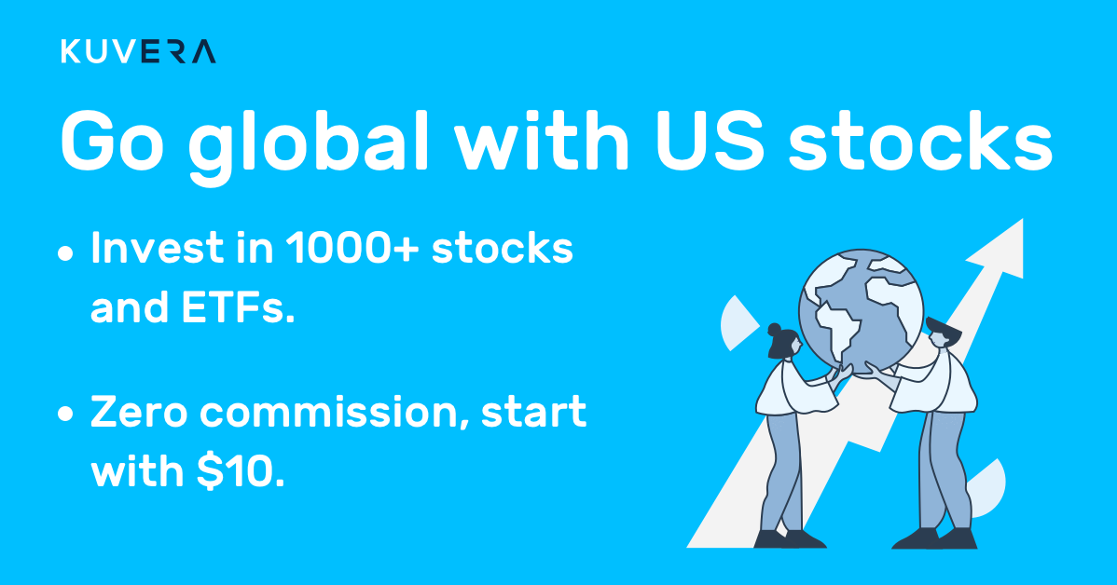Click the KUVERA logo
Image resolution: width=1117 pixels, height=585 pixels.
(138, 52)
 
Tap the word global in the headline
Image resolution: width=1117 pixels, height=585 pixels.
(308, 143)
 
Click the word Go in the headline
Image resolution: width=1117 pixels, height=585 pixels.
(113, 141)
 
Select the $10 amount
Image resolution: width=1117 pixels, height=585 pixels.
(241, 471)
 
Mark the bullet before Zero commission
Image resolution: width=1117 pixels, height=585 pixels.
(65, 415)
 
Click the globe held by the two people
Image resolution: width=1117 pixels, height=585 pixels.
(861, 309)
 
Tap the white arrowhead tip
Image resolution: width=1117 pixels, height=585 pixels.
(1022, 220)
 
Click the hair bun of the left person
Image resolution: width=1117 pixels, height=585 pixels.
(775, 330)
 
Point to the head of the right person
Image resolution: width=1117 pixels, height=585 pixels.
(944, 333)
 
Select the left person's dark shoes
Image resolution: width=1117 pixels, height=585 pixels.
(790, 538)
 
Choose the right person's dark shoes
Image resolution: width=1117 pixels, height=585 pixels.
(934, 538)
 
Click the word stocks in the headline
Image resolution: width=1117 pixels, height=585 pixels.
(919, 141)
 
